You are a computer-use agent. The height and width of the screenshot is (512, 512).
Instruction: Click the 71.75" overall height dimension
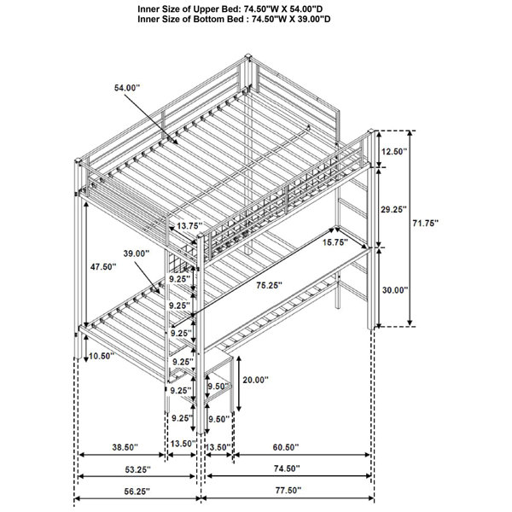tap(425, 224)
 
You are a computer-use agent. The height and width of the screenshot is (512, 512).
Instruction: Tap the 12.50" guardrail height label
tap(394, 152)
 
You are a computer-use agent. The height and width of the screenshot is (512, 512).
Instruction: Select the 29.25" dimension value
tap(394, 209)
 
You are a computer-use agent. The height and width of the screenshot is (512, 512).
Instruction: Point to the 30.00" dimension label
tap(395, 289)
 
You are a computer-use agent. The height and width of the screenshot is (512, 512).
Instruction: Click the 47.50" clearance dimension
tap(103, 267)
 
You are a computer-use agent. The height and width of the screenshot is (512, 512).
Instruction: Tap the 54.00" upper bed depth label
tap(127, 88)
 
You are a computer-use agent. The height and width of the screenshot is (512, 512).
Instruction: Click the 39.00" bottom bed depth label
tap(137, 253)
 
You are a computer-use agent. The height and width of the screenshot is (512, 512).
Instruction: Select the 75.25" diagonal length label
tap(269, 285)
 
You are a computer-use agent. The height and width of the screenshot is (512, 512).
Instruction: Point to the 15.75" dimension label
tap(335, 242)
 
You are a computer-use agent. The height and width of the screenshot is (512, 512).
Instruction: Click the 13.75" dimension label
tap(189, 225)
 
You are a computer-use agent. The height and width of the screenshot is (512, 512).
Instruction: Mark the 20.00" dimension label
tap(255, 380)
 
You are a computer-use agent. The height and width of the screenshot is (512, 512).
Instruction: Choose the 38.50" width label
tap(125, 447)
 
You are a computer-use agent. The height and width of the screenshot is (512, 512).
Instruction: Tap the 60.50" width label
tap(286, 447)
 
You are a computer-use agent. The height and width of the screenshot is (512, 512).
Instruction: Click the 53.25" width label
tap(137, 469)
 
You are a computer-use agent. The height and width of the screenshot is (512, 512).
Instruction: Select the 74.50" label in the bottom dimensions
tap(287, 468)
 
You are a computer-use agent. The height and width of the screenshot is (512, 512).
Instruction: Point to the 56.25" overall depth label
tap(137, 492)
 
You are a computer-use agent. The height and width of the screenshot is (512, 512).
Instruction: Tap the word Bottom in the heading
tap(207, 19)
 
